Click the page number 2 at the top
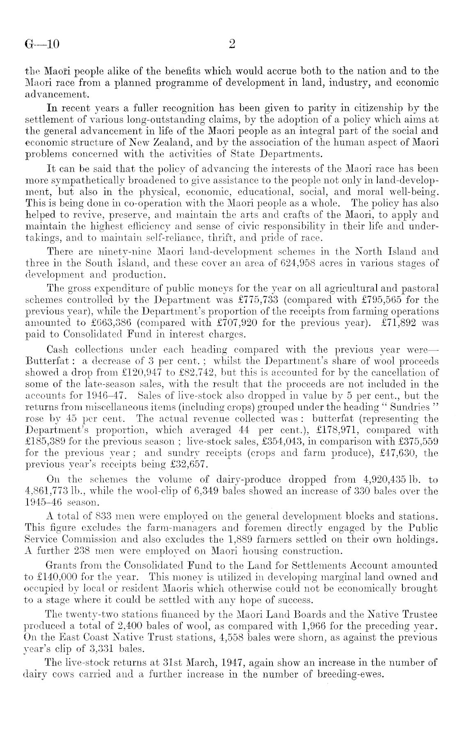(x=231, y=44)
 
